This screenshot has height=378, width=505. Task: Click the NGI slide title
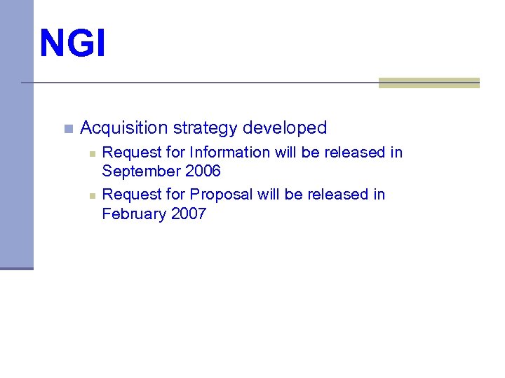(73, 43)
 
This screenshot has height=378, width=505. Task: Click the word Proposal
(221, 195)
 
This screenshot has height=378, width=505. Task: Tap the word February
(134, 213)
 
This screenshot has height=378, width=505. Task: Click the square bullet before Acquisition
(67, 129)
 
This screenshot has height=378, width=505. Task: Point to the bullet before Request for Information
(91, 153)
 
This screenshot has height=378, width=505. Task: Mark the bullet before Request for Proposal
(91, 195)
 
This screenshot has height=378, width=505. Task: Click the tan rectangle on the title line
(429, 83)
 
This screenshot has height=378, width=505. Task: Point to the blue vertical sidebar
(16, 133)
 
